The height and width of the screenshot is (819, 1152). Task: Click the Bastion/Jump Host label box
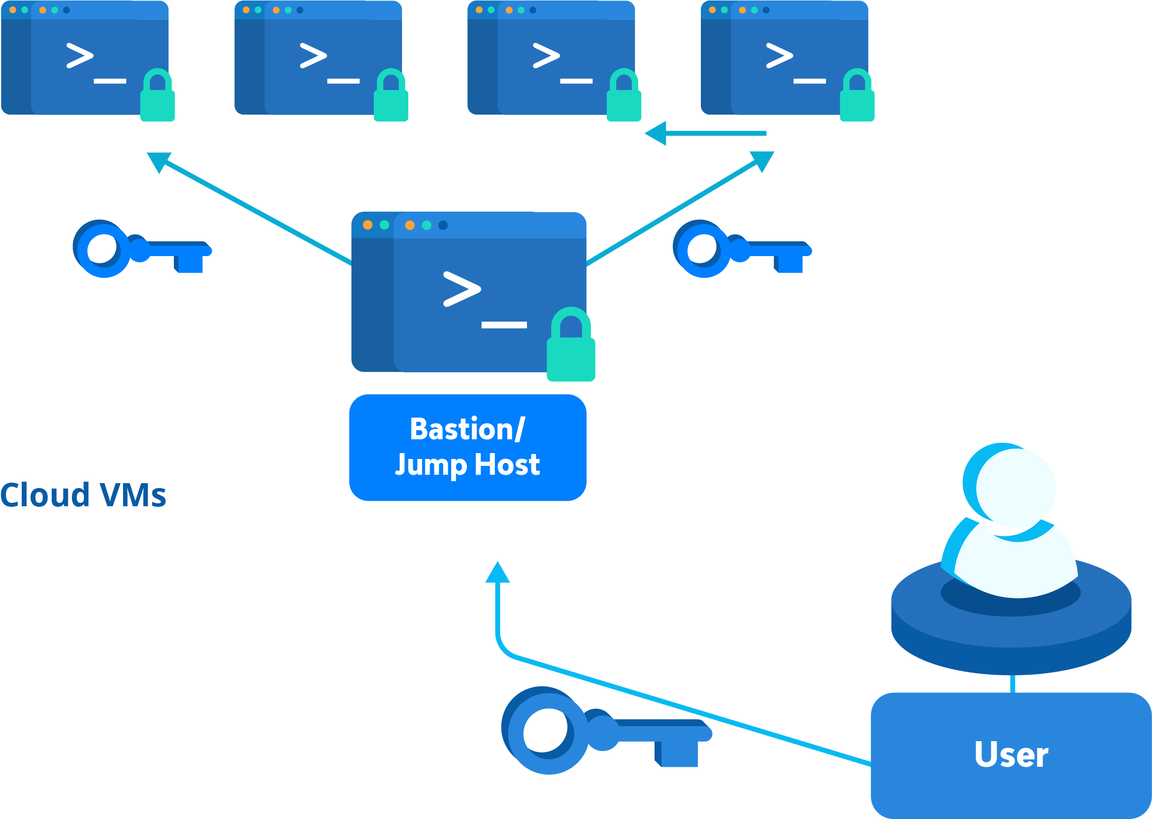pyautogui.click(x=467, y=447)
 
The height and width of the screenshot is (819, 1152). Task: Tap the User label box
pyautogui.click(x=1011, y=755)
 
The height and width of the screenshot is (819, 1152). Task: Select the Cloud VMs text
pyautogui.click(x=83, y=495)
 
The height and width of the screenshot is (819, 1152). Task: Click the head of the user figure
pyautogui.click(x=1014, y=487)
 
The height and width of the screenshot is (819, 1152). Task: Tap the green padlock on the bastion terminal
pyautogui.click(x=571, y=346)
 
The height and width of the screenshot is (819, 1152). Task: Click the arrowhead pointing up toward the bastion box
pyautogui.click(x=497, y=573)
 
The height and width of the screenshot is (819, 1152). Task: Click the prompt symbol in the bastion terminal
pyautogui.click(x=461, y=289)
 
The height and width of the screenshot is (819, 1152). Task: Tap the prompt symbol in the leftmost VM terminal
pyautogui.click(x=80, y=56)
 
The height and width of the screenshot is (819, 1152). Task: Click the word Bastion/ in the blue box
pyautogui.click(x=467, y=429)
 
